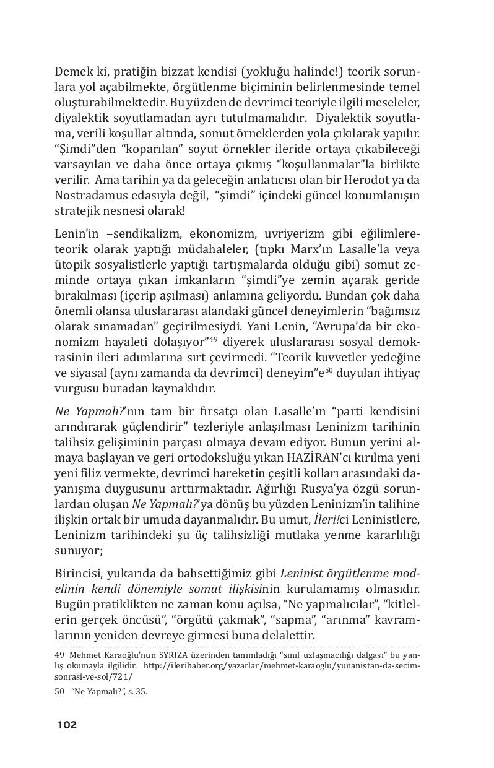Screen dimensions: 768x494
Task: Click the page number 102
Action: pos(67,725)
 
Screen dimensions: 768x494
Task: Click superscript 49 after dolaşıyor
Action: pos(213,355)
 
